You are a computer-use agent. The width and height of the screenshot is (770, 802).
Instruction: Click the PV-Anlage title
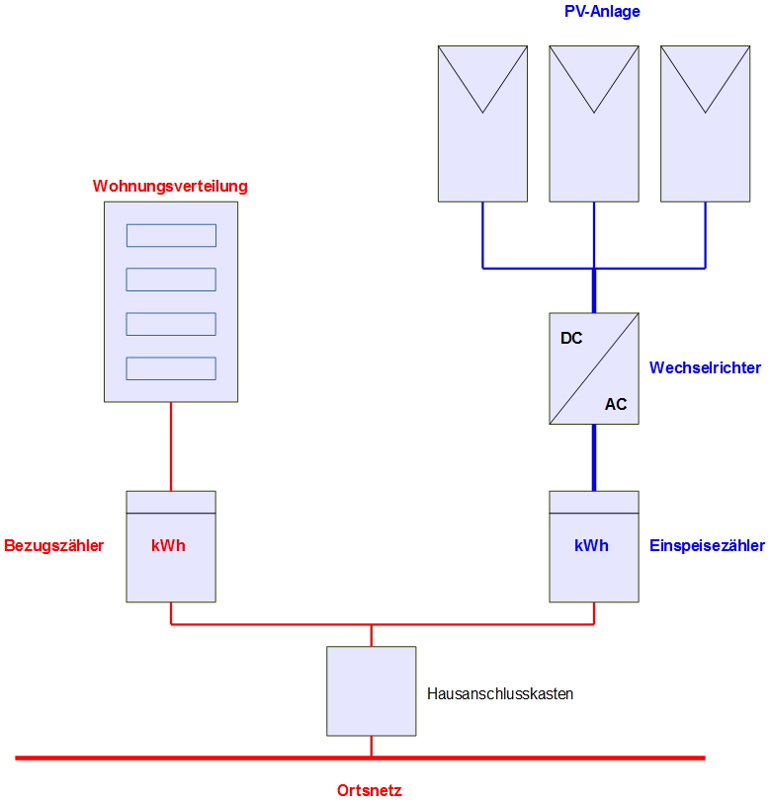pos(603,12)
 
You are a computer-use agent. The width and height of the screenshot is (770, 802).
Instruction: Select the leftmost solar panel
pos(482,123)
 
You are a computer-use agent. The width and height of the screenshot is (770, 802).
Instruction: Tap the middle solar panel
pos(593,123)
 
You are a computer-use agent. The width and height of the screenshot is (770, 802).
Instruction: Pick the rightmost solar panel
pos(705,123)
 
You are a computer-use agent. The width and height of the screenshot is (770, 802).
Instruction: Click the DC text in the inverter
pos(571,338)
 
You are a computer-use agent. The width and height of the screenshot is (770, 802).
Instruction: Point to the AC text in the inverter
pos(616,404)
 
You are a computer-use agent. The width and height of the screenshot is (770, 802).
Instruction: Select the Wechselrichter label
pos(705,367)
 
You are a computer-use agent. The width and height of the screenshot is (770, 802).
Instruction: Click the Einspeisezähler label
pos(707,545)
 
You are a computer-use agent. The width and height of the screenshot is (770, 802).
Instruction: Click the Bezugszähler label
pos(54,545)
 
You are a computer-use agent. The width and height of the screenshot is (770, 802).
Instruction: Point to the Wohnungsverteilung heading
pos(170,186)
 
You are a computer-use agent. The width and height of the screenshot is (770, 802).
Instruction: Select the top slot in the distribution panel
pos(171,235)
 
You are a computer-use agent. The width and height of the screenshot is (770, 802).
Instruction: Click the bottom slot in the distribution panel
pos(171,368)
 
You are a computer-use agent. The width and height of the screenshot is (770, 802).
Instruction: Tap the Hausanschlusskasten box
pos(372,691)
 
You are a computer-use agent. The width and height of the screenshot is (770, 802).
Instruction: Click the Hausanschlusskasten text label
pos(500,693)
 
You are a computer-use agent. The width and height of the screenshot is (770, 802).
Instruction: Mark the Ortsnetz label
pos(370,789)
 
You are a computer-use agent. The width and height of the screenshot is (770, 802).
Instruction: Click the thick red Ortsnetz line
pos(198,758)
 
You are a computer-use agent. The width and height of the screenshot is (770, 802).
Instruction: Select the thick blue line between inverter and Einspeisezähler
pos(594,457)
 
